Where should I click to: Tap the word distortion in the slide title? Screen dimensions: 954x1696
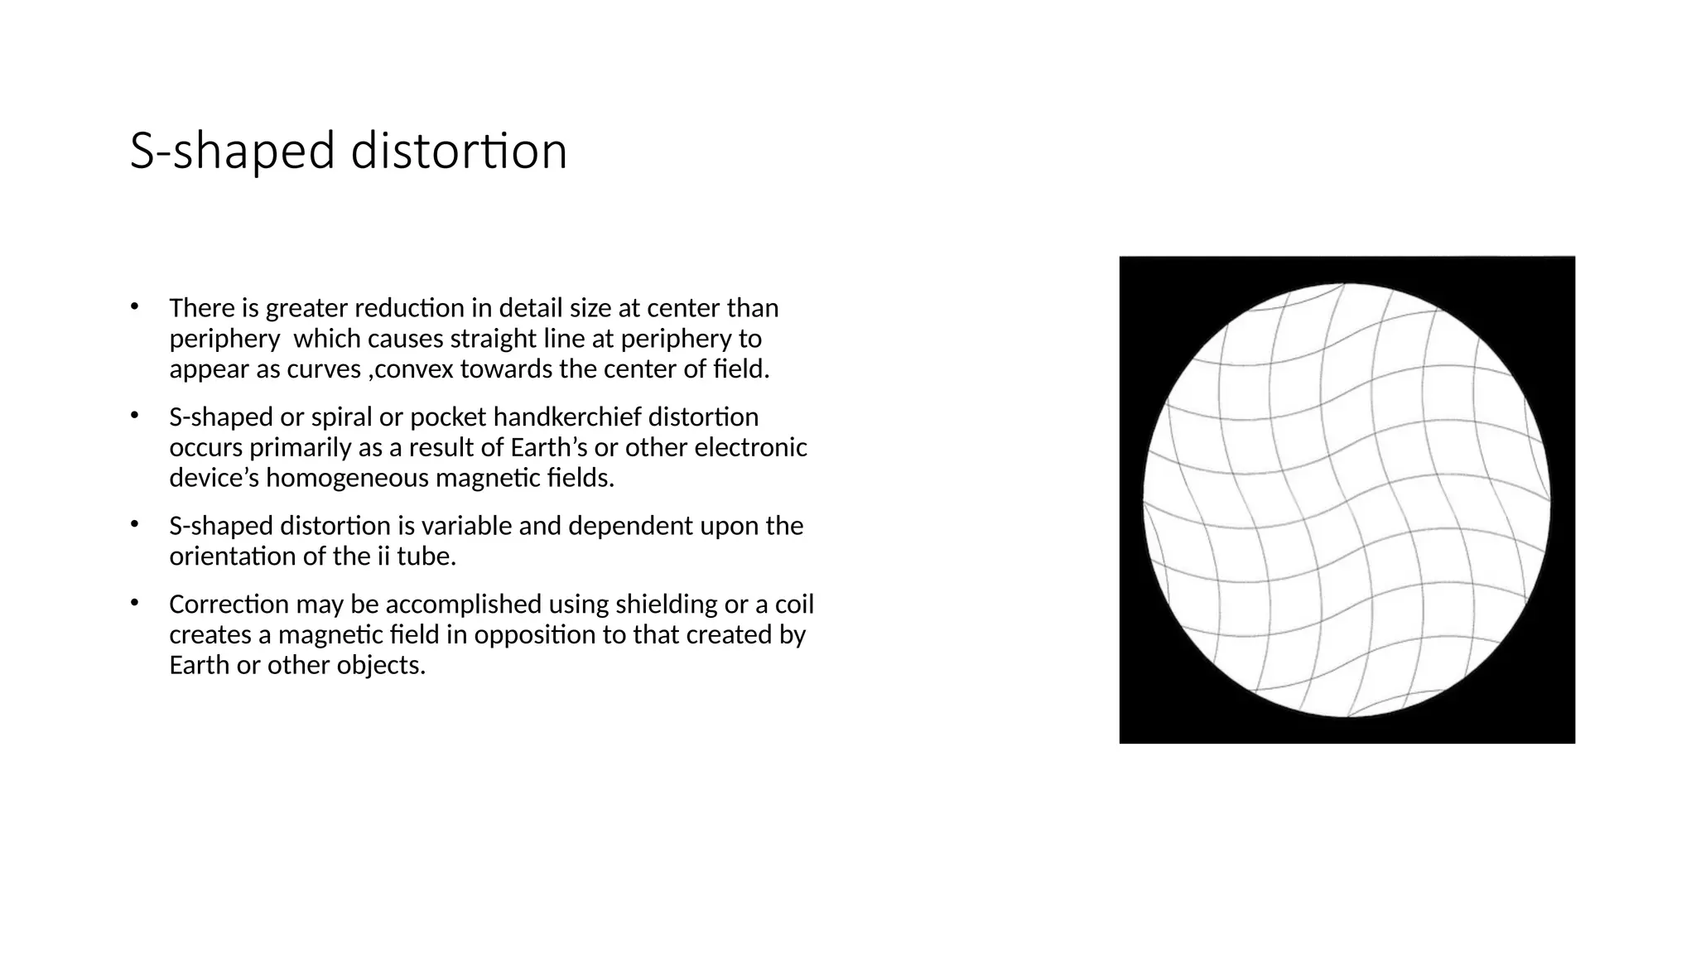click(x=459, y=152)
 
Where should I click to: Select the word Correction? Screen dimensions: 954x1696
click(x=229, y=604)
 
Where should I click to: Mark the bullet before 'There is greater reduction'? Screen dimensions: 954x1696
click(x=134, y=307)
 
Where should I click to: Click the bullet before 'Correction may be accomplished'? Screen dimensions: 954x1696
click(x=134, y=604)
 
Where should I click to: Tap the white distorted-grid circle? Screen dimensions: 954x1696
click(x=1347, y=500)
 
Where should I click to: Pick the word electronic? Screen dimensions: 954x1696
click(x=750, y=447)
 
